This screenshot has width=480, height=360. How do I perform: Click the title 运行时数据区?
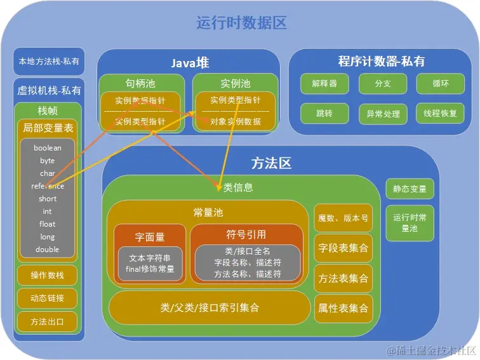point(242,23)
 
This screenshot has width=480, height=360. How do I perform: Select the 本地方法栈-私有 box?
point(49,62)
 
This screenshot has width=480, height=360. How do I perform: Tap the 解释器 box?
point(324,84)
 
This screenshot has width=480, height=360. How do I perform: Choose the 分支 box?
point(383,84)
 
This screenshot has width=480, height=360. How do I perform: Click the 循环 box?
point(441,84)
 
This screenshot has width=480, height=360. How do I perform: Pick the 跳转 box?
point(324,114)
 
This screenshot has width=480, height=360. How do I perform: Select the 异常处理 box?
point(383,114)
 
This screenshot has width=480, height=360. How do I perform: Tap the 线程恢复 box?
point(441,114)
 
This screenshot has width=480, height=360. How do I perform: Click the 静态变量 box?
point(410,189)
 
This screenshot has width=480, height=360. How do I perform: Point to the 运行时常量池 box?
point(410,223)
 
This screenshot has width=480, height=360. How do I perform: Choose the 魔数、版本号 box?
point(343,218)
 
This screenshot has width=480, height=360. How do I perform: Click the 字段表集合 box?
point(343,248)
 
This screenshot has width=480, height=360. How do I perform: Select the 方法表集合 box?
point(343,278)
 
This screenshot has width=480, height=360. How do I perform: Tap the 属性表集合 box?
point(343,309)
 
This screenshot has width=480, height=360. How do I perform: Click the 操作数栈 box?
point(48,275)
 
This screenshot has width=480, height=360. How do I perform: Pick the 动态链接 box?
point(48,298)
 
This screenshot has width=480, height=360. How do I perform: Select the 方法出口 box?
point(48,322)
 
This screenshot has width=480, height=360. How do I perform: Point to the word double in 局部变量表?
point(48,250)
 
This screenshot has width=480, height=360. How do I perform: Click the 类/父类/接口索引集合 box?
point(210,308)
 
